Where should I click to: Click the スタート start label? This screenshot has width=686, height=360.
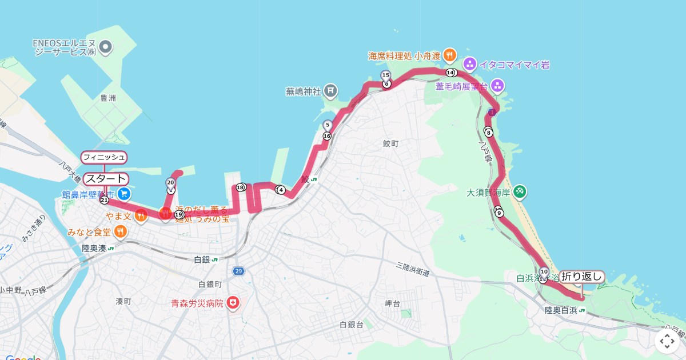[x=106, y=179]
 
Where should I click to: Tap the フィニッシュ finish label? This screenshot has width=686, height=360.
[x=104, y=157]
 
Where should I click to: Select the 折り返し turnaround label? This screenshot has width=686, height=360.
[x=581, y=277]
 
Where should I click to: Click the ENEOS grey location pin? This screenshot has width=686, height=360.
[x=106, y=46]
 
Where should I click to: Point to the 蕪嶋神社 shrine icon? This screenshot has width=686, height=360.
[x=330, y=90]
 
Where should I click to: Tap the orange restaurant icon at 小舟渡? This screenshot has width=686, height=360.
[x=449, y=55]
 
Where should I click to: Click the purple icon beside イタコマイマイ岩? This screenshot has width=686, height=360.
[x=469, y=63]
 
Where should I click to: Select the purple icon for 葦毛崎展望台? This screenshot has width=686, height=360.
[x=497, y=86]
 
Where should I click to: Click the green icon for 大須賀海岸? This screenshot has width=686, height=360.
[x=519, y=191]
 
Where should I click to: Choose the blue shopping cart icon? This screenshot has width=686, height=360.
[x=124, y=194]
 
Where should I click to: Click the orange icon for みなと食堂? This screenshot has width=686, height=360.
[x=120, y=231]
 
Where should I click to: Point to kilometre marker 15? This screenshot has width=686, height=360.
[x=385, y=75]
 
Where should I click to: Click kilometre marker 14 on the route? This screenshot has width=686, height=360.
[x=450, y=73]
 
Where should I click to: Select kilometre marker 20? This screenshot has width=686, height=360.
[x=170, y=183]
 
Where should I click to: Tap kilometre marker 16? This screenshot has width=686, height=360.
[x=327, y=136]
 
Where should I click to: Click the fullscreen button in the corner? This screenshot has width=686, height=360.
[x=667, y=341]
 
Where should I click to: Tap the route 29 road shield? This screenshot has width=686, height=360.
[x=238, y=270]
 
